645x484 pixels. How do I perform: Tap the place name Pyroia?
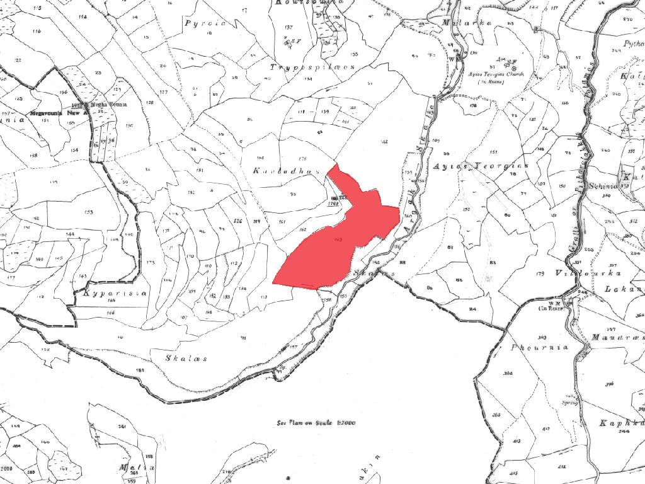197,23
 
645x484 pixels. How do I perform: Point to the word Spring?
570,401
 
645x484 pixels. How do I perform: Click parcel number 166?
111,312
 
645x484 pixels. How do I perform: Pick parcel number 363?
542,337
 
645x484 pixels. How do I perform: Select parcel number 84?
472,309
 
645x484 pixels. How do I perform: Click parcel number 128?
150,102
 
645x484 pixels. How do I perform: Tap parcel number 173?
150,262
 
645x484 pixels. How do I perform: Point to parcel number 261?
122,427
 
